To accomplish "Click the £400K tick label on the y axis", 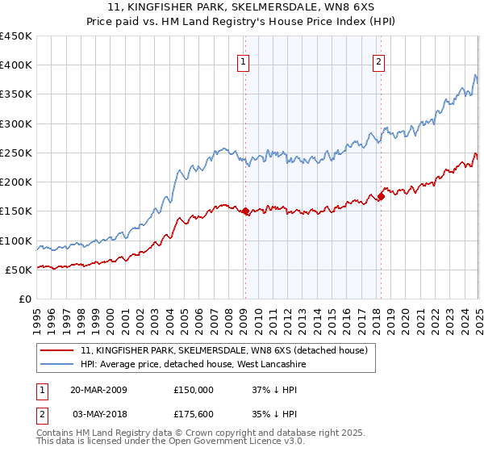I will (16, 65).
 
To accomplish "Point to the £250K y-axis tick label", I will (16, 153).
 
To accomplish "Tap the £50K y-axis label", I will (19, 270).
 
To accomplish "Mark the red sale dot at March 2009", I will (245, 211).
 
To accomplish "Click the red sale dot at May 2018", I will (381, 196).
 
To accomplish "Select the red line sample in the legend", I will (57, 350).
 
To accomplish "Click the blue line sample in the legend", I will (57, 364).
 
